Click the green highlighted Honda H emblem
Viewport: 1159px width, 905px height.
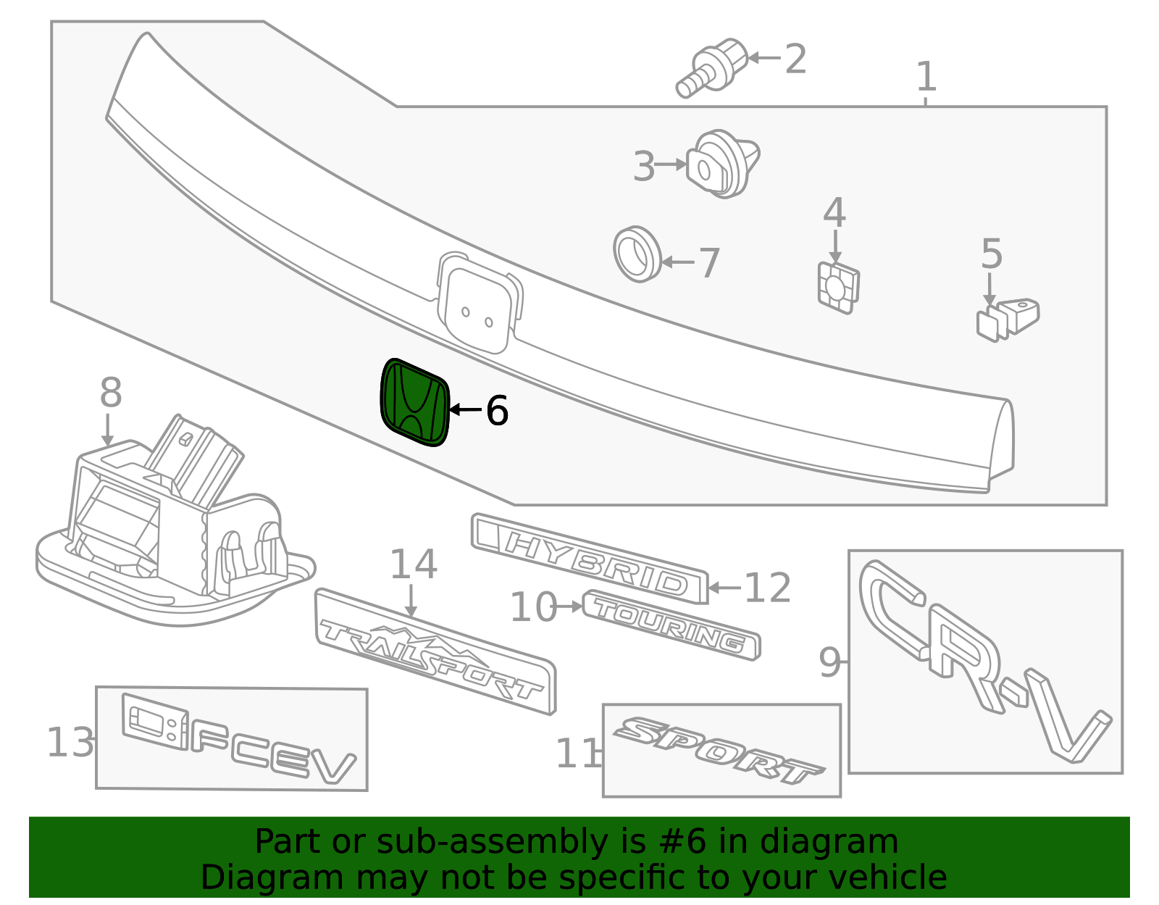click(x=415, y=402)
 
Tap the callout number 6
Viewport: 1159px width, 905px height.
click(x=497, y=411)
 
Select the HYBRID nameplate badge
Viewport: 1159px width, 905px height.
click(x=590, y=559)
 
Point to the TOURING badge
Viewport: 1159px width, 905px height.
click(x=671, y=625)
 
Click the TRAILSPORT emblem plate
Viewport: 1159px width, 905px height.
click(x=435, y=651)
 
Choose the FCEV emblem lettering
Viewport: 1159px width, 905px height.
click(x=238, y=738)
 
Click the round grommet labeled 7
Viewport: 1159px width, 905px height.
click(x=637, y=254)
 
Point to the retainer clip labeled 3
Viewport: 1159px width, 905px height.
click(x=722, y=164)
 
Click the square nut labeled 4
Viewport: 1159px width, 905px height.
click(x=838, y=288)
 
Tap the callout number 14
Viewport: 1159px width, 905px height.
click(x=414, y=564)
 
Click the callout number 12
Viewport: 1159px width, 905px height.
click(x=766, y=588)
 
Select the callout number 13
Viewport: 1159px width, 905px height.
click(x=70, y=742)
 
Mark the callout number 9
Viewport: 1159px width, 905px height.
click(x=829, y=662)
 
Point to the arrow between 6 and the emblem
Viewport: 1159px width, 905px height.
click(x=466, y=409)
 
